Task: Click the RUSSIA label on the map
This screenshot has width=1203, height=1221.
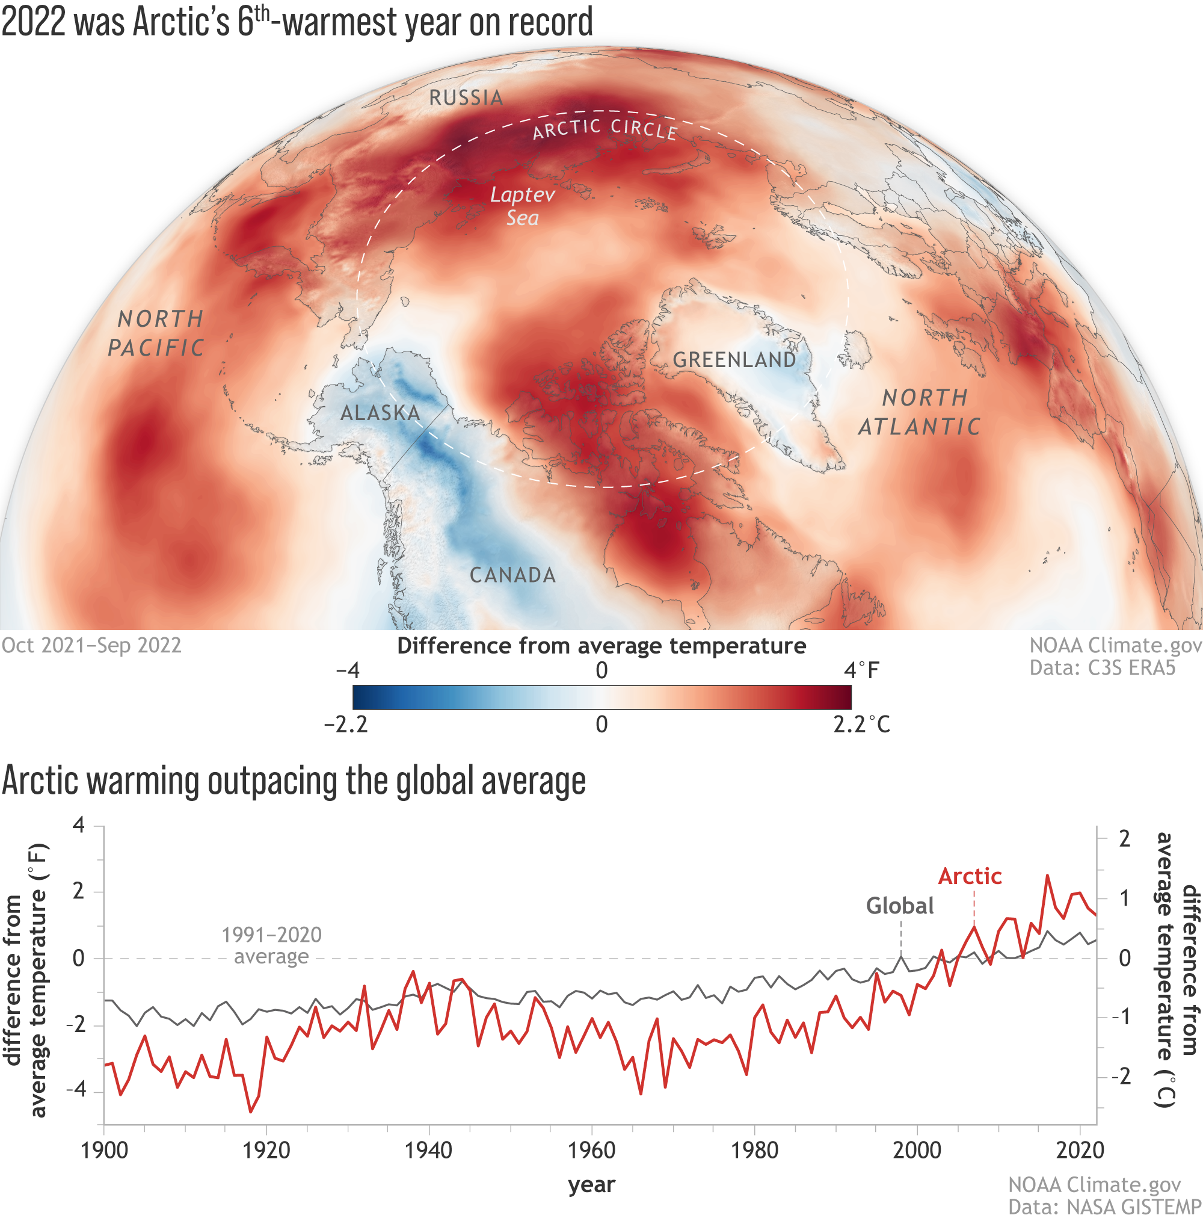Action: (466, 98)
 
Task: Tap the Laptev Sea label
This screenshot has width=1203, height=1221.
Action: (523, 206)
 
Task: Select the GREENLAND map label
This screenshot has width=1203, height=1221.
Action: (734, 360)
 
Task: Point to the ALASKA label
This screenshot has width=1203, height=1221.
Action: (380, 413)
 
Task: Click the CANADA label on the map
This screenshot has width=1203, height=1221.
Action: (512, 575)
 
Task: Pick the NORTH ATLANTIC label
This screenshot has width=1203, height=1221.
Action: (920, 412)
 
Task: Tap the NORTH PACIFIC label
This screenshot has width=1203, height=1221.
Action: (157, 333)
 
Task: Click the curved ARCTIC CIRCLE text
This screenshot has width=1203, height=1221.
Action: (605, 128)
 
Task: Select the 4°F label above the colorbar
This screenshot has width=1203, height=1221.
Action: (861, 670)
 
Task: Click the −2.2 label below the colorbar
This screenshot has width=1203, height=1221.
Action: (346, 725)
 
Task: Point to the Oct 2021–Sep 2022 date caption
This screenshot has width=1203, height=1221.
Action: (91, 645)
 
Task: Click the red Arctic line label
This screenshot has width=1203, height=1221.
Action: (970, 877)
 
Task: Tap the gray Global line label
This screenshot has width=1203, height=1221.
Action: (900, 906)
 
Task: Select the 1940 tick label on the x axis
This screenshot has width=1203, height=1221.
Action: (428, 1150)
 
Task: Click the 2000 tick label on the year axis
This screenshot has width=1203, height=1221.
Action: (916, 1150)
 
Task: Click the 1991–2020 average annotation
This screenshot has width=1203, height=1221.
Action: (272, 945)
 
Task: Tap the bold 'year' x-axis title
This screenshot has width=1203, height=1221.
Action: (591, 1184)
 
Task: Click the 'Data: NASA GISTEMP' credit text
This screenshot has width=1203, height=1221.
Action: (1104, 1207)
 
